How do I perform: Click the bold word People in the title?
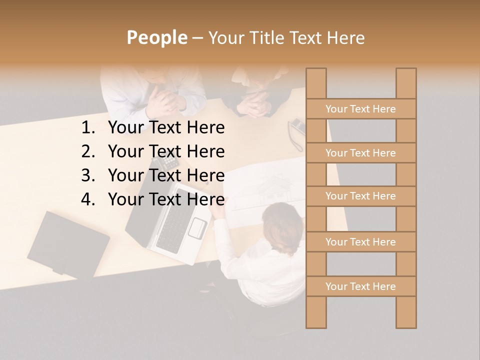pos(156,37)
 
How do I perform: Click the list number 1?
pos(87,128)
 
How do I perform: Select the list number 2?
pos(87,151)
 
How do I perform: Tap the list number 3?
pos(87,175)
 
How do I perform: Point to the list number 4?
pos(87,199)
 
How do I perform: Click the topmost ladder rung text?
pos(360,109)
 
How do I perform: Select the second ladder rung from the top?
pos(360,153)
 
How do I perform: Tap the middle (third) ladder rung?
pos(360,196)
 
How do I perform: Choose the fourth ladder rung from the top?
pos(360,242)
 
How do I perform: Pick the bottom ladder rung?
pos(360,286)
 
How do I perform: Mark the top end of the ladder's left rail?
pos(316,70)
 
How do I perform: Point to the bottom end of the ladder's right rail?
pos(406,326)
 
